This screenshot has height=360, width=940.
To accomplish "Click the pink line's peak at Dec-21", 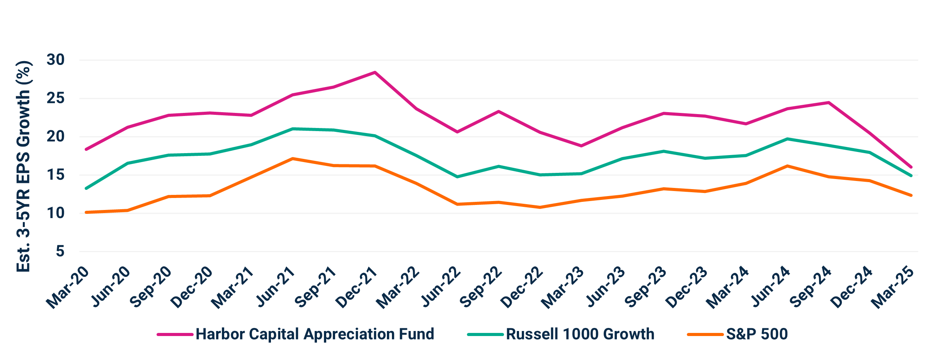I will [375, 72].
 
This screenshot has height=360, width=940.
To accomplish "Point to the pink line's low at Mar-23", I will [581, 146].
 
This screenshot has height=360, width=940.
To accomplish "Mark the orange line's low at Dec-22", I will [540, 207].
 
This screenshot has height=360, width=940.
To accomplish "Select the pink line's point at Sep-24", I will [828, 102].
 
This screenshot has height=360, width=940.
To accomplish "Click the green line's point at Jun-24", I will [787, 138].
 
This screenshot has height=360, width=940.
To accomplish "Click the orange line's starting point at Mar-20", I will [86, 212].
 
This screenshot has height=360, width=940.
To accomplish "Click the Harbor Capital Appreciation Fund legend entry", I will [315, 334].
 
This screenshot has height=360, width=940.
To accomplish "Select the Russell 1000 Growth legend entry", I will [580, 334].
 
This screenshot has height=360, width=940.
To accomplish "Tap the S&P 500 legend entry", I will [756, 334].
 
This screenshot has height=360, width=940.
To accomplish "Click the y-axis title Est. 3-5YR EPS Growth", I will [24, 166].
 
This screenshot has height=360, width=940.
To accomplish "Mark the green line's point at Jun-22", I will [458, 177].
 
